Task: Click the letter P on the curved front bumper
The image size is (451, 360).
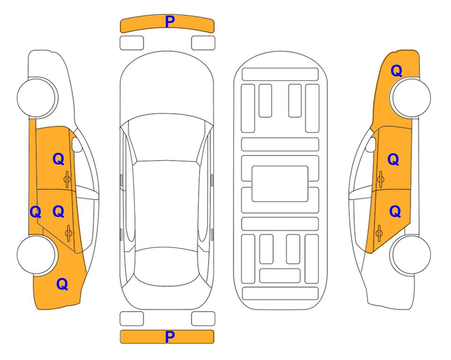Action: [x=170, y=22]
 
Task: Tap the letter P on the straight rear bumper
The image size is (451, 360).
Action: [x=170, y=337]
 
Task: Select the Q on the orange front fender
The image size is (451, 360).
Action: [x=396, y=71]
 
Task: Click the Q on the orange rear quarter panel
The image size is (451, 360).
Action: [x=62, y=284]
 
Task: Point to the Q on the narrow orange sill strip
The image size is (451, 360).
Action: [x=36, y=212]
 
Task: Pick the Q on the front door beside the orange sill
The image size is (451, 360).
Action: [x=59, y=159]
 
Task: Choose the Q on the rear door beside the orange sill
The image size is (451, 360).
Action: [x=59, y=211]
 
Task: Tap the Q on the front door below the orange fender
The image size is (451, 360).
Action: [x=393, y=159]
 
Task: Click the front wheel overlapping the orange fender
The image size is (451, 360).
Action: [x=410, y=97]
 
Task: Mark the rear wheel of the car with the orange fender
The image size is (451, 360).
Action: [x=410, y=255]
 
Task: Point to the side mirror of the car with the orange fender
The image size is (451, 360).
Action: [x=371, y=144]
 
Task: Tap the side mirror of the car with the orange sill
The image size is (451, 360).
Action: [x=77, y=144]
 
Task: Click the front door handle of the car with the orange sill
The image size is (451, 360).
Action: [x=67, y=180]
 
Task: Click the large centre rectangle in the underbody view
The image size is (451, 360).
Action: [x=280, y=184]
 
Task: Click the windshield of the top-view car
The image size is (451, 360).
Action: [x=166, y=138]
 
